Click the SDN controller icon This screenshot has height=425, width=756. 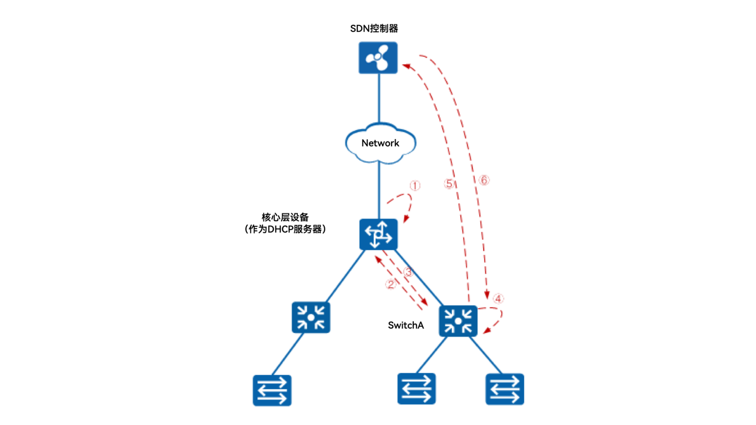coord(378,58)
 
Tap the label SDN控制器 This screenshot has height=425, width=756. coord(374,28)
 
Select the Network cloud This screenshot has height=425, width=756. coord(380,143)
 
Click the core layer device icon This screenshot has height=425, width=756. coord(378,234)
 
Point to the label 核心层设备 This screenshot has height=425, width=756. coord(285,217)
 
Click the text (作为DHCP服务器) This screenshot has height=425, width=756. coord(285,229)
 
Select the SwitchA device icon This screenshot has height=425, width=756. coord(458,321)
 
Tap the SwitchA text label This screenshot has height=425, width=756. coord(406,325)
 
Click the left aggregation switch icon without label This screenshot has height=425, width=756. coord(311,317)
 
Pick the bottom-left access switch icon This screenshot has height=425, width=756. coord(272,391)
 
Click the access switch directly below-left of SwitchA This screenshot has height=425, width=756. coord(416,389)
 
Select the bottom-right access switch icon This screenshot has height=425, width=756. coord(505,389)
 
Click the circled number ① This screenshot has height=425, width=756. coord(415,186)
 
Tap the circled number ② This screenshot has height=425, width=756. coord(390,284)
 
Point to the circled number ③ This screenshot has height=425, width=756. coord(408,272)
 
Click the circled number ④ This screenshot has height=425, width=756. coord(498,298)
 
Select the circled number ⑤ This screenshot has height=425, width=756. coord(449,184)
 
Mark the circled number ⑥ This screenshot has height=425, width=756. coord(484,180)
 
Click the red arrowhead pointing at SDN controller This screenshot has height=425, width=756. coord(406,66)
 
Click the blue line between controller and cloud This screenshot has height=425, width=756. coord(379,97)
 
